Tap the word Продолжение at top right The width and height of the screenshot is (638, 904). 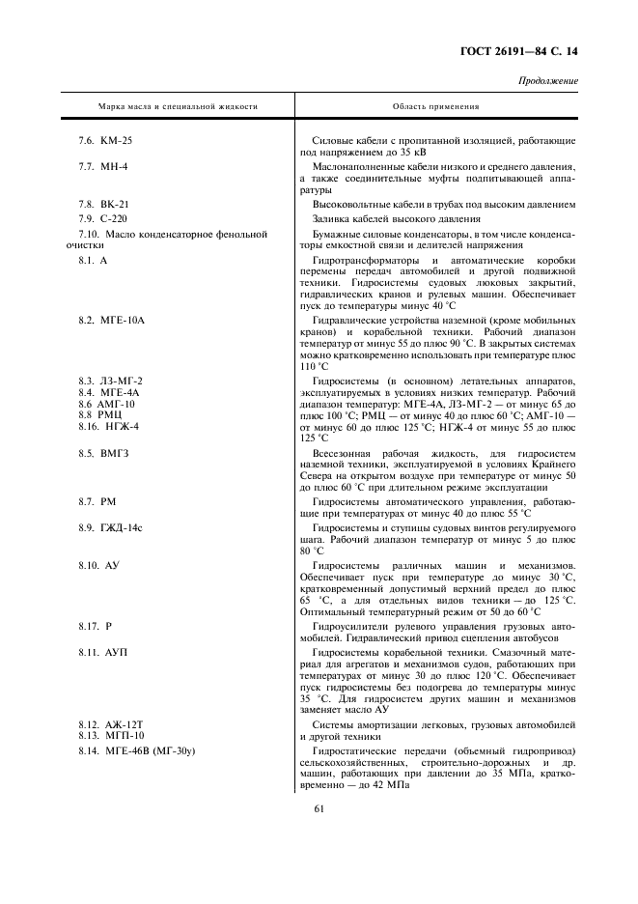549,81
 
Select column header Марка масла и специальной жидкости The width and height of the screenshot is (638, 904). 178,106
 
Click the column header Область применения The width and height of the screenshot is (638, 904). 435,106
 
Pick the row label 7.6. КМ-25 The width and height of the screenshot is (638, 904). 105,141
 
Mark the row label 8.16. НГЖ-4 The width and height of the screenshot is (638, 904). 109,426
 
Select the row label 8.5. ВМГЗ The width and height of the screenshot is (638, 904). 103,452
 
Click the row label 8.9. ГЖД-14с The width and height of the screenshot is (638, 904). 110,529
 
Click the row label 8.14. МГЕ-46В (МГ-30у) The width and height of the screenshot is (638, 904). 137,750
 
